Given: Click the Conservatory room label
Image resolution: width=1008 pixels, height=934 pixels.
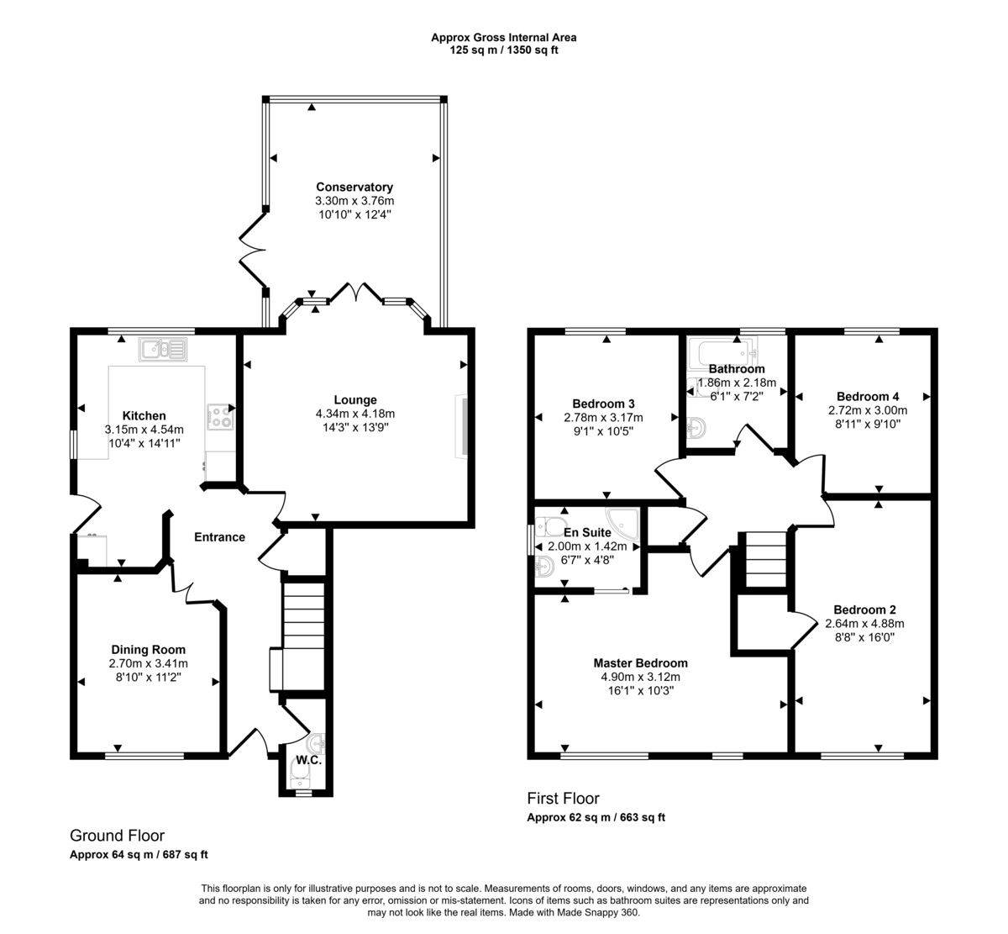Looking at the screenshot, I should click(x=354, y=187).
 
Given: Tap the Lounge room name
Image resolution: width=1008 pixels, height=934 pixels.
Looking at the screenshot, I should click(x=354, y=399).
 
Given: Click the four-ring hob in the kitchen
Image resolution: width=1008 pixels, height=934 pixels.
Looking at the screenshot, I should click(x=220, y=415).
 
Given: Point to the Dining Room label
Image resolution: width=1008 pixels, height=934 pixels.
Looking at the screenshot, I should click(x=148, y=649).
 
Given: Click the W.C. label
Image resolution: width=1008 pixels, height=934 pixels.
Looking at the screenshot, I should click(x=308, y=760).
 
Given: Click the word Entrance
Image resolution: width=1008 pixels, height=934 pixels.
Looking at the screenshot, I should click(x=219, y=537).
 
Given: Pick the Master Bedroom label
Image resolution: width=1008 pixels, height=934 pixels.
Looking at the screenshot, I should click(x=640, y=662).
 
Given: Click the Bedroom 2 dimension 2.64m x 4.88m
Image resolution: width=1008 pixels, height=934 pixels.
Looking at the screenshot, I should click(x=864, y=624).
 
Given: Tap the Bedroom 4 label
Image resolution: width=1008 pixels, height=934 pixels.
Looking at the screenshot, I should click(x=868, y=396).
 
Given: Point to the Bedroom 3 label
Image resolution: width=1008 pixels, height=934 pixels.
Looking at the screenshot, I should click(x=603, y=403).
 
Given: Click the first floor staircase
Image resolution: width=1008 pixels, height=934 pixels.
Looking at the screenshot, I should click(x=765, y=559).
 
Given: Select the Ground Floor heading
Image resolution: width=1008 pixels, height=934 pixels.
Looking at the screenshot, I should click(x=117, y=836).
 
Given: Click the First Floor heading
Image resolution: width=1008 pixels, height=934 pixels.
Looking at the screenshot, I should click(x=563, y=798).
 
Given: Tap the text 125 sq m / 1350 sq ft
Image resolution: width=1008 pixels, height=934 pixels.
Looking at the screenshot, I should click(x=504, y=50).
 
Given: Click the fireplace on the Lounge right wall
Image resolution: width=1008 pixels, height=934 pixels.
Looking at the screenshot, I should click(x=459, y=427).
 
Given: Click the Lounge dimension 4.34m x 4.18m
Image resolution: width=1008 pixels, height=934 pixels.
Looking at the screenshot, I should click(x=354, y=414).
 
